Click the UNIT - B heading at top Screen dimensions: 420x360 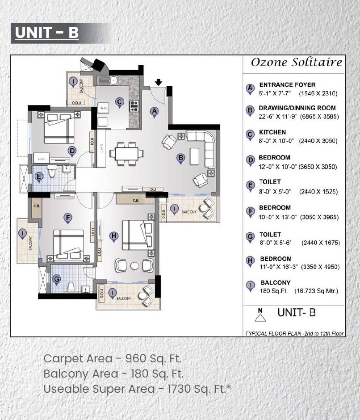click(x=47, y=33)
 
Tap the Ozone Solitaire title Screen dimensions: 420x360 click(x=296, y=62)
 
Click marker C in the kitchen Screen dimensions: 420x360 click(x=119, y=102)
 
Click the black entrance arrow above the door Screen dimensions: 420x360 click(x=158, y=82)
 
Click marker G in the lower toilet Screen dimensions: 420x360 click(x=56, y=279)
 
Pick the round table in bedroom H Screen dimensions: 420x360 click(x=134, y=265)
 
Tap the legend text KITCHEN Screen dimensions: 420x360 click(x=272, y=133)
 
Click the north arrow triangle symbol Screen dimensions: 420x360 click(x=260, y=316)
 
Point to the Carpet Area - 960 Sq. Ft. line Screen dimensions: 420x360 click(x=113, y=358)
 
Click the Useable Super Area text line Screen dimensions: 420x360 click(x=137, y=389)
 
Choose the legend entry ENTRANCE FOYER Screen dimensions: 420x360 click(x=287, y=84)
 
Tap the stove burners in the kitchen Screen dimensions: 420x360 click(x=134, y=106)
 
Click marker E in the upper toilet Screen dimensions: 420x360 click(x=39, y=176)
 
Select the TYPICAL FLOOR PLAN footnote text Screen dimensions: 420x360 click(x=294, y=333)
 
